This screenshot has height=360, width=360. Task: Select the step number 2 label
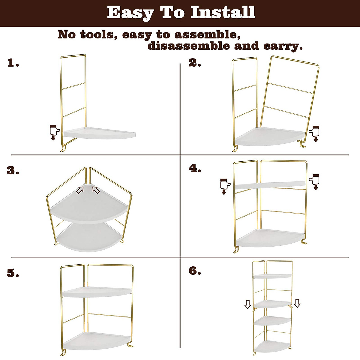click(x=195, y=63)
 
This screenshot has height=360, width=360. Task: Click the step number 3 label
click(x=13, y=171)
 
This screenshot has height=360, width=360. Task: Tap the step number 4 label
click(x=195, y=169)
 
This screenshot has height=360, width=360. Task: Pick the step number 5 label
click(x=13, y=273)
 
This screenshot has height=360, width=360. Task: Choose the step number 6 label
click(x=195, y=271)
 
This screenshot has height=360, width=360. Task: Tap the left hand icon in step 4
click(x=224, y=186)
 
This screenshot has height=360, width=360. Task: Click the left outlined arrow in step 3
click(x=80, y=190)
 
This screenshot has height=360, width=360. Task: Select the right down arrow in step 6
click(x=297, y=303)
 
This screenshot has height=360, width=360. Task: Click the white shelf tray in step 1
click(x=99, y=134)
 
